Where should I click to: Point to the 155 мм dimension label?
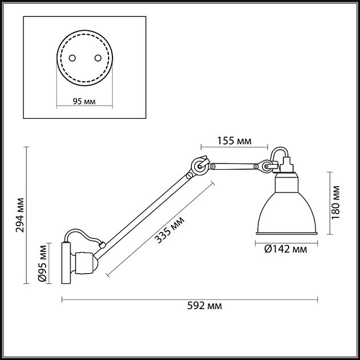pos(234,141)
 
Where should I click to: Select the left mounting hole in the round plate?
pos(73,58)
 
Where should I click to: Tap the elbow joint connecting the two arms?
pos(199,166)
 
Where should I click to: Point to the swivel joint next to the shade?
pos(266,166)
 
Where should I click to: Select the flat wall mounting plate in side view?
pos(65,263)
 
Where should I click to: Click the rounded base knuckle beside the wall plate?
pos(85,263)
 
